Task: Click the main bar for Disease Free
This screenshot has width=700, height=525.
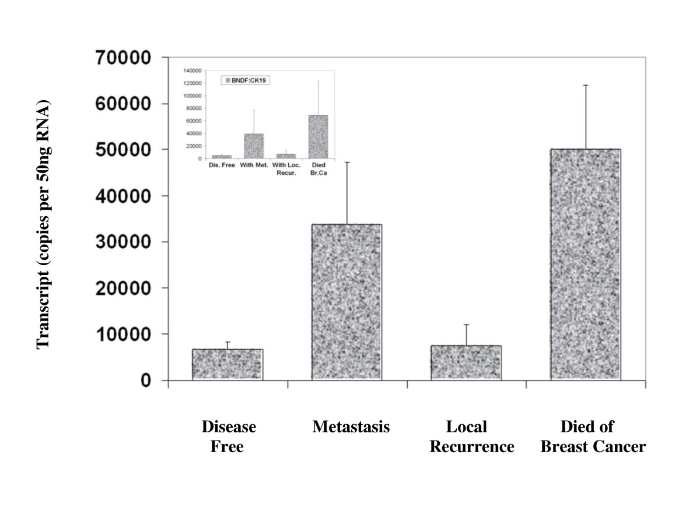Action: tap(228, 365)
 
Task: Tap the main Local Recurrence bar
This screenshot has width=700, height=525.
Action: tap(466, 362)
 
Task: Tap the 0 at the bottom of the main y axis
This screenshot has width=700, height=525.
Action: tap(145, 380)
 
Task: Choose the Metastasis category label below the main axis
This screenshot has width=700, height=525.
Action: tap(351, 427)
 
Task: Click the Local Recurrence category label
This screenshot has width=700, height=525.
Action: tap(471, 437)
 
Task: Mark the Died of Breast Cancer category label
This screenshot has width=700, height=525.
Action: tap(593, 437)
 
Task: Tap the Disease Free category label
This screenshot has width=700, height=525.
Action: tap(228, 437)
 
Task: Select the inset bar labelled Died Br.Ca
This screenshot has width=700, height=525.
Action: tap(318, 137)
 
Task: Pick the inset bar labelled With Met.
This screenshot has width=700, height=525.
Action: tap(254, 146)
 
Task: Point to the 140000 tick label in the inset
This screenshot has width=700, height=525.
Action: tap(192, 70)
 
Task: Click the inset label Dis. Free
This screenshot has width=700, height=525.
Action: tap(222, 165)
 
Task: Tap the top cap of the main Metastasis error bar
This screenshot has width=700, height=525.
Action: tap(346, 162)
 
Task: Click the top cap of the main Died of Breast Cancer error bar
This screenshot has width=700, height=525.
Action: tap(585, 85)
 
